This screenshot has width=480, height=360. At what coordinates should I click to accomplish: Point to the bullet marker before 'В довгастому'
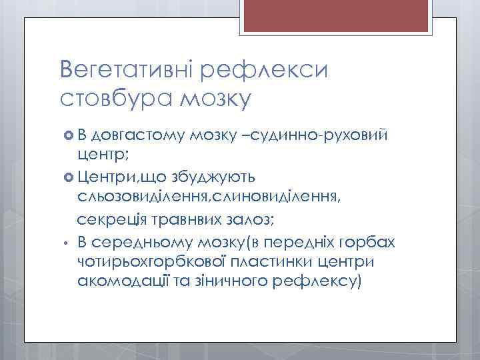[x=67, y=137]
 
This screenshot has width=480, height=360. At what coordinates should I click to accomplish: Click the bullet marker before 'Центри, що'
[x=67, y=177]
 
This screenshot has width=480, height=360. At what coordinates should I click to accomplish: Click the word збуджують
[x=230, y=177]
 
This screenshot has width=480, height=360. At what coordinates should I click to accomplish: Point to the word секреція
[x=109, y=219]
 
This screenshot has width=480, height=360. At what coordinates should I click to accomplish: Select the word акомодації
[x=121, y=281]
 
